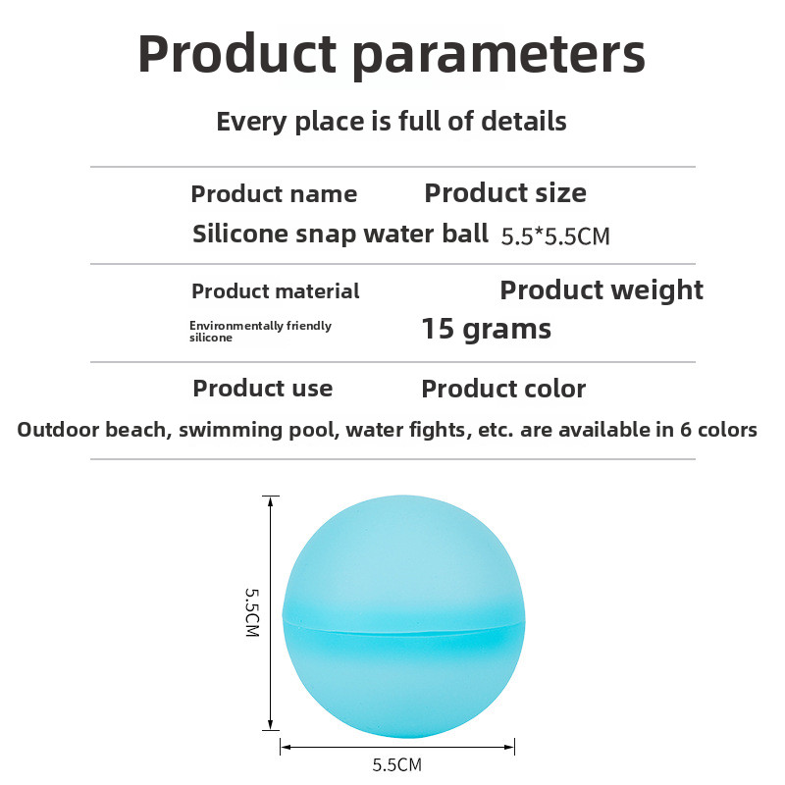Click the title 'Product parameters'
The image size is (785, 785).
[x=392, y=54]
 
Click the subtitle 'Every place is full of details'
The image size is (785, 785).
[x=391, y=122]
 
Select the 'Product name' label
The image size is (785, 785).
[x=274, y=193]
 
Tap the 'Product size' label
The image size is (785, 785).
[x=505, y=193]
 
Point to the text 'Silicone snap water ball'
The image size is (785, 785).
[x=340, y=234]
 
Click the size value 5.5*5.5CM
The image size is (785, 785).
[x=555, y=236]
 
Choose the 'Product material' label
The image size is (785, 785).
[x=276, y=290]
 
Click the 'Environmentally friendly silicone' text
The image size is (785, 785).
[x=260, y=332]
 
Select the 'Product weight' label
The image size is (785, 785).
[x=602, y=290]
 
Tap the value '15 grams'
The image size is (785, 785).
[x=486, y=330]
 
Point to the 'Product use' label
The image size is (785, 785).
[x=263, y=389]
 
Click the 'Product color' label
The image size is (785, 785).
[x=503, y=389]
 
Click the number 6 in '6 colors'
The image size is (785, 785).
[x=685, y=430]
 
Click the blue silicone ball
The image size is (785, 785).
[x=403, y=616]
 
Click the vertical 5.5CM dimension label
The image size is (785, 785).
[x=252, y=611]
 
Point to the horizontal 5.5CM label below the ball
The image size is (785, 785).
[x=397, y=764]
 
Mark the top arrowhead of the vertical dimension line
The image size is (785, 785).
[x=271, y=501]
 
